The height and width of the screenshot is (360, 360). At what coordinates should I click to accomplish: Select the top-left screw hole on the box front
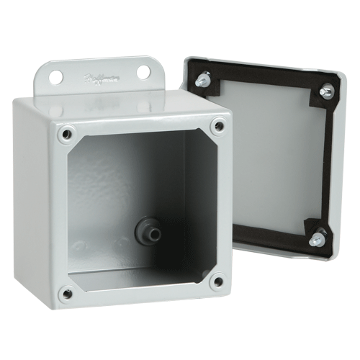coord(67,133)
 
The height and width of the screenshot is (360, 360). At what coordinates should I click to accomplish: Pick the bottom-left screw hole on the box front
coord(66,293)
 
